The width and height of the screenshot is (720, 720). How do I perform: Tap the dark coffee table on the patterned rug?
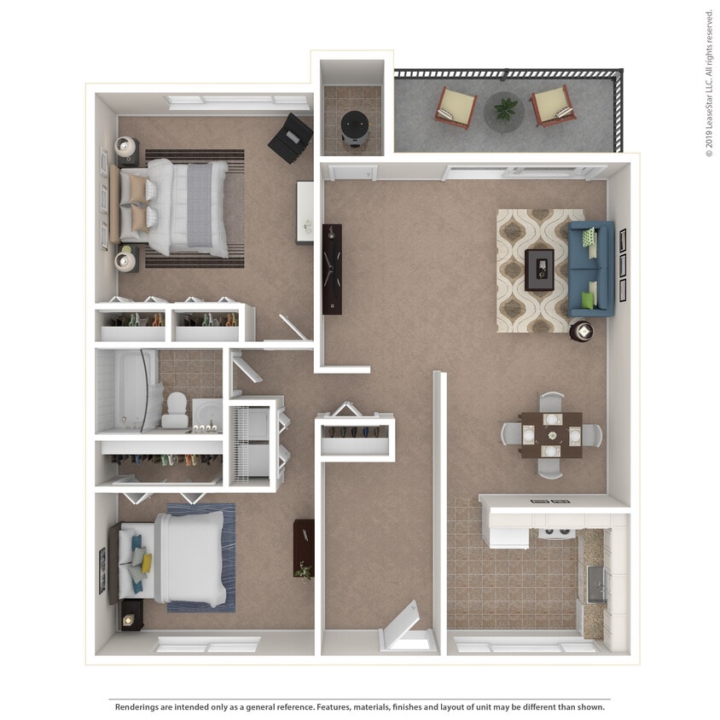pos(538,270)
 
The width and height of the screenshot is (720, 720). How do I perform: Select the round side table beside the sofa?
pos(582,330)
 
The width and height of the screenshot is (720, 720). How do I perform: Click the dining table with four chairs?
pos(550,434)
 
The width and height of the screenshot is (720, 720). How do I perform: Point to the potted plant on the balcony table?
pos(505,109)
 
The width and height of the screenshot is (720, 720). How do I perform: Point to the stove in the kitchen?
pos(557,534)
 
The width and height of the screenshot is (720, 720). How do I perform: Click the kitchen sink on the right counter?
pos(597,583)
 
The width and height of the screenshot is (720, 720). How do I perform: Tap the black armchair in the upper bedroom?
pos(291,137)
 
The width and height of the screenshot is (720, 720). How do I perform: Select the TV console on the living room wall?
pos(332,269)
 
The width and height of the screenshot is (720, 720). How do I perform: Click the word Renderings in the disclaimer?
pos(141,707)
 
